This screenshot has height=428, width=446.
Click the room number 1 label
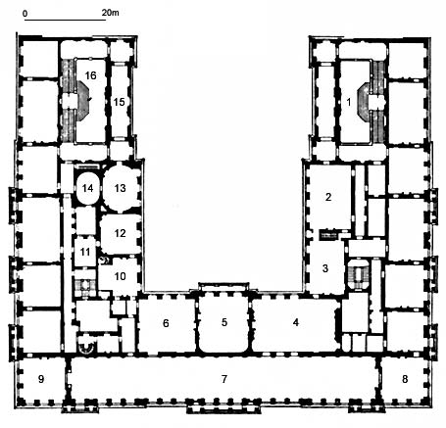[349, 102]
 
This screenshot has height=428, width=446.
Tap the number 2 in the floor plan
[328, 197]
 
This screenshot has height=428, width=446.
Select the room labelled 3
[325, 268]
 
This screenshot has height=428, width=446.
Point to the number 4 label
[296, 322]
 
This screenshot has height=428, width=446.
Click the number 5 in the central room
[224, 322]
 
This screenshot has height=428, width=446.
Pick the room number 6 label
[166, 323]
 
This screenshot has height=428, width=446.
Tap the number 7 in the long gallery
[224, 379]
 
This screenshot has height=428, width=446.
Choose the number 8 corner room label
[405, 379]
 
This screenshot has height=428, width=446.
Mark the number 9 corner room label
[41, 379]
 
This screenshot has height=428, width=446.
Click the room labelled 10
[120, 276]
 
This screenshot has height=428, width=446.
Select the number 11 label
[85, 252]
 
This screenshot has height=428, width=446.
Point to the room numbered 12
[120, 233]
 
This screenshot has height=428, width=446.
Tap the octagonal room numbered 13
[120, 188]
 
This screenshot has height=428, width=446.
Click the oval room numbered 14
[87, 188]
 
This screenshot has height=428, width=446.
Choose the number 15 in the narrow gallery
[119, 102]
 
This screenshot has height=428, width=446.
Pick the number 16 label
[90, 75]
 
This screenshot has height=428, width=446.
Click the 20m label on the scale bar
[110, 13]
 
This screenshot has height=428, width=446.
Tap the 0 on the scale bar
[25, 14]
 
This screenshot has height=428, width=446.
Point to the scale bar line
[65, 21]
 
